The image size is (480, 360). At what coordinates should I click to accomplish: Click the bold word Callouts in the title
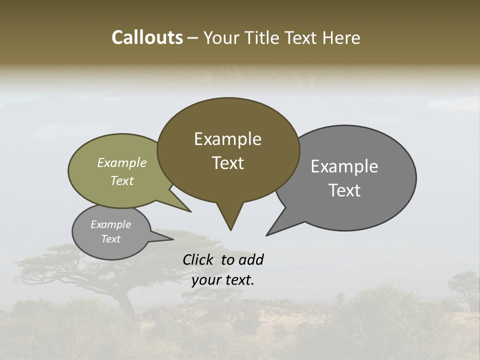coord(147,37)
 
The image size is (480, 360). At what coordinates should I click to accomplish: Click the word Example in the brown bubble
coord(227,139)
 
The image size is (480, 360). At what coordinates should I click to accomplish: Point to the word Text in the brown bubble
coord(227,163)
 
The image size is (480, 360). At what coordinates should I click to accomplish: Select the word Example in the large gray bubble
coord(344,166)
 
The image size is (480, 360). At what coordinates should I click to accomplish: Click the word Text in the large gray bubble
coord(344,190)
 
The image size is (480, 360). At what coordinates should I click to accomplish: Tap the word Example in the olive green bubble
coord(121,163)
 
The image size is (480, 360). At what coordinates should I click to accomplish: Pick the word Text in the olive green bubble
coord(121,180)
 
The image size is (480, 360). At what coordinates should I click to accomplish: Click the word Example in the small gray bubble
coord(110,224)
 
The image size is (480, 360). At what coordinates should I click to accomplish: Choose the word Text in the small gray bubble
coord(110,239)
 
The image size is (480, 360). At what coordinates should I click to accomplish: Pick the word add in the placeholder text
coord(251,259)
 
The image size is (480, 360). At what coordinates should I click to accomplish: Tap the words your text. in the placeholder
coord(223,280)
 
